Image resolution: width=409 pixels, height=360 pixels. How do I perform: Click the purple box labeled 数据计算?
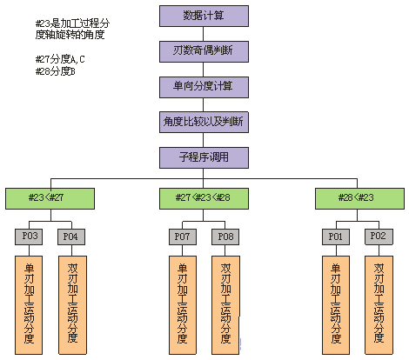pos(204,16)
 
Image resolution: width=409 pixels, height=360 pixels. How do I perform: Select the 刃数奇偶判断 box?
pos(204,51)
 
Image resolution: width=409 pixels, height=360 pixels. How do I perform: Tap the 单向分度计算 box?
pos(204,87)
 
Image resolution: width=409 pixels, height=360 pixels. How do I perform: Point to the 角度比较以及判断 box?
pos(204,122)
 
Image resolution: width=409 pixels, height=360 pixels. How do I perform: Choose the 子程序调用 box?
pos(204,157)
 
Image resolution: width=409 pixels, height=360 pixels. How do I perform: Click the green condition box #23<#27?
pos(50,198)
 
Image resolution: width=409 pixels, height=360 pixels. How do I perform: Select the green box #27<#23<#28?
pos(204,198)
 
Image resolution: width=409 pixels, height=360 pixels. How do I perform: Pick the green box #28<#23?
pos(359,198)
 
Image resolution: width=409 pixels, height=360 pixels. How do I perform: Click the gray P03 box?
pos(29,237)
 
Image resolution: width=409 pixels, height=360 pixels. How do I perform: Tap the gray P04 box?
pos(71,237)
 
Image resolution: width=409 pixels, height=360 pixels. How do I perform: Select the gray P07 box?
pos(183,237)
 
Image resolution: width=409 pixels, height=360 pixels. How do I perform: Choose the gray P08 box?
pos(225,237)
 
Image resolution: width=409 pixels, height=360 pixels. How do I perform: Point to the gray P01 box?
pos(336,237)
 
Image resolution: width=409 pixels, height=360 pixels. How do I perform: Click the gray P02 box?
pos(379,237)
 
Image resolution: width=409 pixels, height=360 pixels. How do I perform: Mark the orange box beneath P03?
pos(29,305)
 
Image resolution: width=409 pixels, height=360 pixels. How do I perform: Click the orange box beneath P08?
pos(225,305)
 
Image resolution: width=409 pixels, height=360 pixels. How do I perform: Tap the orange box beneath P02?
pos(379,305)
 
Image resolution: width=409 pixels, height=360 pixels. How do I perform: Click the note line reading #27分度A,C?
pos(60,59)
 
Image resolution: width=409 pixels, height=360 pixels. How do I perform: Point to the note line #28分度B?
pos(55,71)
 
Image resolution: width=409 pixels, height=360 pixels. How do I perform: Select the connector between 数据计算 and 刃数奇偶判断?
pos(203,34)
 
